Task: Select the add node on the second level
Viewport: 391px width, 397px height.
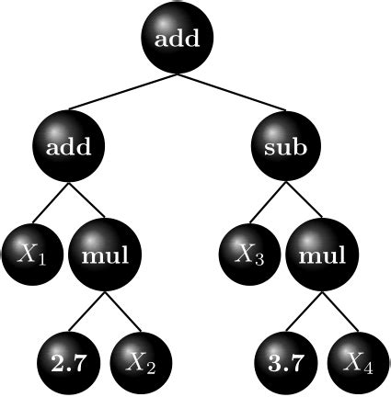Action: pyautogui.click(x=67, y=147)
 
